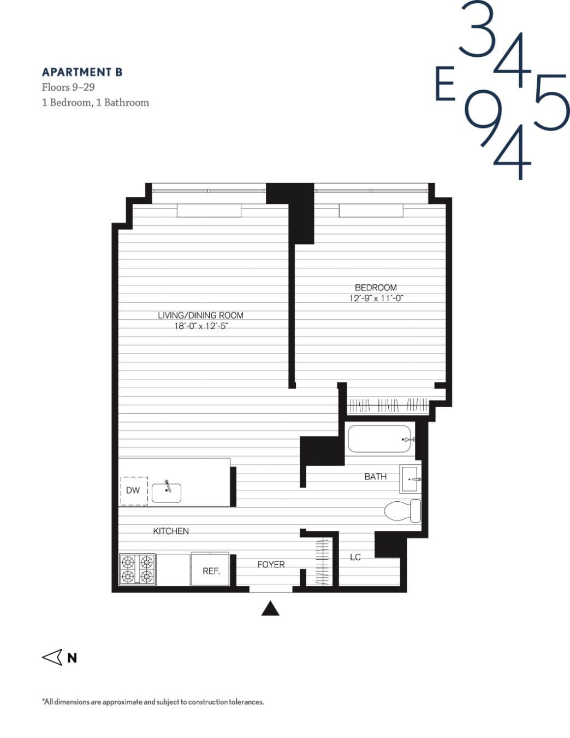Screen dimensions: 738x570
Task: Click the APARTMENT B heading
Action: (x=82, y=72)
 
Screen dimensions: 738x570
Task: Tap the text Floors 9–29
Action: (x=68, y=87)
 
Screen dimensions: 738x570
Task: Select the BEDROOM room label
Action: (x=376, y=288)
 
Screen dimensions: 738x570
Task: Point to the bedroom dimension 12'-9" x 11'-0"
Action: (x=376, y=298)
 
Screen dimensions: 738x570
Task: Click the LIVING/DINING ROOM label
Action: (x=200, y=315)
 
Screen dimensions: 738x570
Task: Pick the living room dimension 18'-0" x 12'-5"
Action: (x=200, y=326)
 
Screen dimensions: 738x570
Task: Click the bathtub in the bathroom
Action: (x=379, y=439)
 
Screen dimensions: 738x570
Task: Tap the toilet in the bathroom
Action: (x=402, y=511)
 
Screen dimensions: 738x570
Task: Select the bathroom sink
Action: (x=409, y=479)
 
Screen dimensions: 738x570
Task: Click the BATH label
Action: (x=375, y=477)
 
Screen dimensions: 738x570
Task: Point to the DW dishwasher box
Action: (x=133, y=490)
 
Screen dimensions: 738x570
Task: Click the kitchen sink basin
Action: (x=166, y=493)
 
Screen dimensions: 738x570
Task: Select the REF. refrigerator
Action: (x=211, y=571)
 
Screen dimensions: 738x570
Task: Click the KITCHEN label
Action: (x=171, y=531)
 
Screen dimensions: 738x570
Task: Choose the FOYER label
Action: (x=271, y=565)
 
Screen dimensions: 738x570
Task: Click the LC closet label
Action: (x=355, y=557)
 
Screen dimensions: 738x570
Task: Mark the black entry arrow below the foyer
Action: (x=270, y=609)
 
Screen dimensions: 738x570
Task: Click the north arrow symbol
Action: (x=53, y=657)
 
